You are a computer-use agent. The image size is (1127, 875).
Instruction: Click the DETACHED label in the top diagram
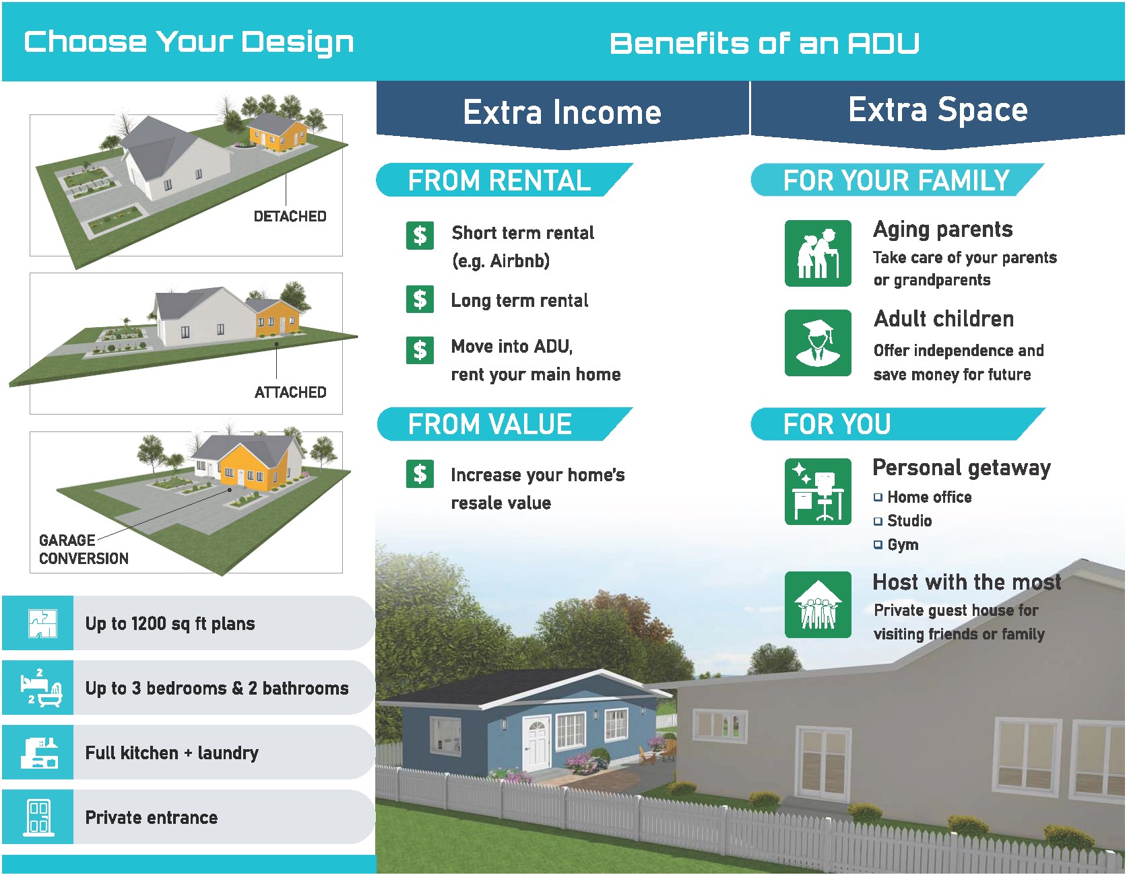click(290, 217)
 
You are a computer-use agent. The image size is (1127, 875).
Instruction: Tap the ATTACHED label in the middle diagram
click(290, 392)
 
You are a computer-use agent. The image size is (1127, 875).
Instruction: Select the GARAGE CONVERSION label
click(84, 549)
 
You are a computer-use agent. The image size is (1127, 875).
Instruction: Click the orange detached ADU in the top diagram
click(277, 132)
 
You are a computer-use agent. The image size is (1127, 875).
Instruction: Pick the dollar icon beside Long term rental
click(420, 300)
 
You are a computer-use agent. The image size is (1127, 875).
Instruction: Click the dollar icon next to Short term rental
click(420, 236)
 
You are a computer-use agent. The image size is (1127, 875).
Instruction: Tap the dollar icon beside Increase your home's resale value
click(420, 474)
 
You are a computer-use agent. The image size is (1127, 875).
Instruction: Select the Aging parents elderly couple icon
click(818, 253)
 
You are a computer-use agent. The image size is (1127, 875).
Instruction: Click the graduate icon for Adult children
click(818, 343)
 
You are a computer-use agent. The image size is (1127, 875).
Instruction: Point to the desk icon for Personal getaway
click(818, 491)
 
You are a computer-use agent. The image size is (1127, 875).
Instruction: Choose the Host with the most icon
click(818, 604)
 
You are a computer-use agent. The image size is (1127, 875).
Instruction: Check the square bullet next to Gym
click(878, 545)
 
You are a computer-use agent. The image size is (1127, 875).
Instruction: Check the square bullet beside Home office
click(878, 497)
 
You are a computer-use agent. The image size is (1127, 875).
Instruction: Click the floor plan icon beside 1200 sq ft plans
click(42, 623)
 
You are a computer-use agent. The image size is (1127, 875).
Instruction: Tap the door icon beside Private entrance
click(38, 817)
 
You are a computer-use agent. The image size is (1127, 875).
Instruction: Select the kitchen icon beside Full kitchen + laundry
click(40, 753)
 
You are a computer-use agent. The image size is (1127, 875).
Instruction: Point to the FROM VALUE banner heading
click(490, 425)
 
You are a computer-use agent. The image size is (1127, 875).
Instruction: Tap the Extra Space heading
click(938, 110)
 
